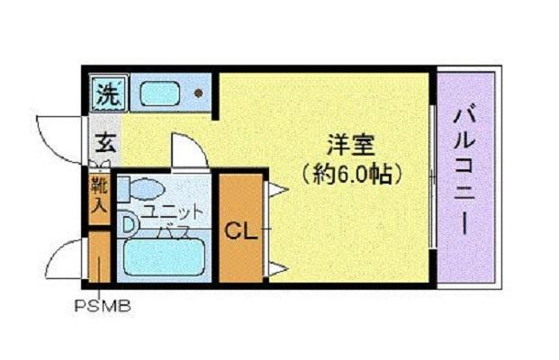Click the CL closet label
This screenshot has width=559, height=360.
click(x=240, y=229)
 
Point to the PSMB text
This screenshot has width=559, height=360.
click(x=102, y=305)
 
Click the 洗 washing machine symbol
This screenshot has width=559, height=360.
click(x=108, y=92)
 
